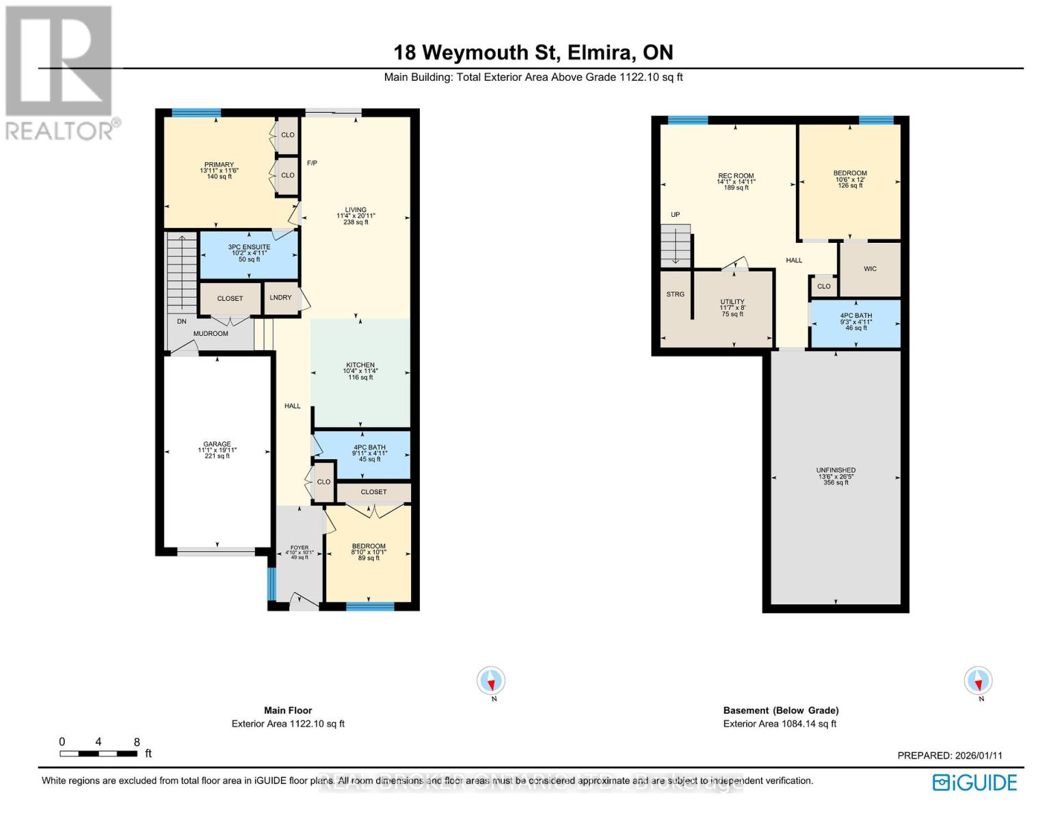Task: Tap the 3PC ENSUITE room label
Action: tap(249, 247)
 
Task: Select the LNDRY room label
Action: tap(280, 298)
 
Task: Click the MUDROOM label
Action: tap(211, 334)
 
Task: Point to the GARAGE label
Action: tap(217, 444)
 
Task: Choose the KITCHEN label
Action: tap(360, 365)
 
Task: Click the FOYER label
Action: tap(300, 547)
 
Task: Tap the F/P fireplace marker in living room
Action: tap(312, 163)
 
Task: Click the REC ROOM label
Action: tap(736, 176)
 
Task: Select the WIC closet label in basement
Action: tap(870, 269)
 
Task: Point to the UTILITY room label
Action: tap(732, 302)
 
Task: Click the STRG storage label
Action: tap(675, 294)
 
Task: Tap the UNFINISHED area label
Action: tap(836, 471)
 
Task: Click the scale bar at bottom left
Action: tap(99, 753)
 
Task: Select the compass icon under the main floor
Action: tap(491, 681)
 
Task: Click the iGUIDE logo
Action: tap(975, 782)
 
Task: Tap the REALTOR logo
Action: tap(59, 72)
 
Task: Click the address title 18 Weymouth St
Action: tap(533, 53)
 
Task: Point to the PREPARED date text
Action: tap(950, 755)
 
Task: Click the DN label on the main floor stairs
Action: tap(182, 321)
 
